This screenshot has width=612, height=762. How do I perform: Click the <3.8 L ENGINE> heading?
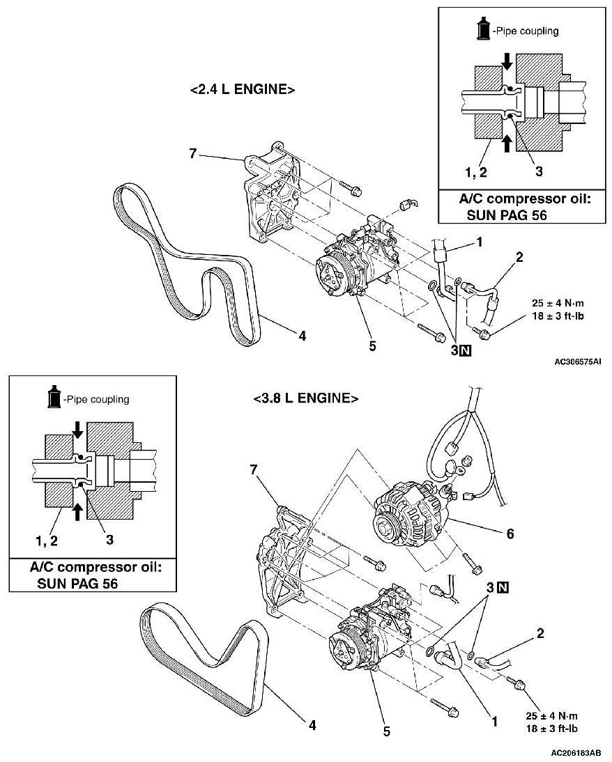click(305, 399)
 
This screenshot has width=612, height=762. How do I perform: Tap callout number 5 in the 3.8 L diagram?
click(387, 731)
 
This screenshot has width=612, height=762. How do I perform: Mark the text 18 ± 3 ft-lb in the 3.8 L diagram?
click(552, 729)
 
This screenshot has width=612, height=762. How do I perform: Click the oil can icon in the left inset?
click(52, 398)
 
